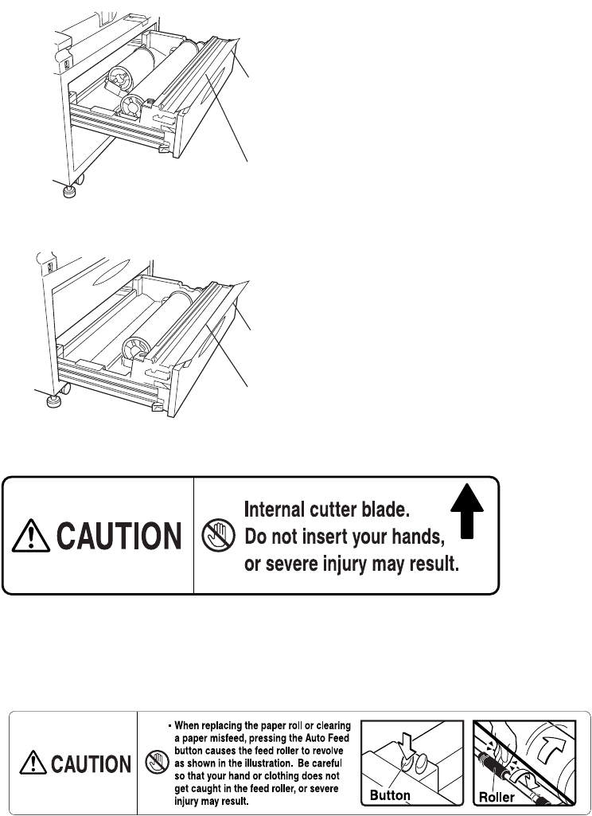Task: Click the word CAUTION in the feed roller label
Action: coord(92,765)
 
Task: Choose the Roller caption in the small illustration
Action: coord(494,795)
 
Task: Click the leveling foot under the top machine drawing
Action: coord(69,192)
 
